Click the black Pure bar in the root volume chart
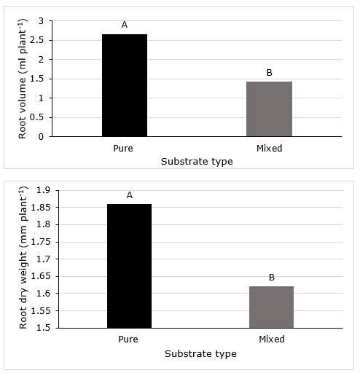(125, 85)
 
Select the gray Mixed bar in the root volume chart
(269, 109)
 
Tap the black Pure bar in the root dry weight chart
(130, 266)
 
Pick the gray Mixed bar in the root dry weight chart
(271, 307)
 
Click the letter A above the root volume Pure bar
(125, 25)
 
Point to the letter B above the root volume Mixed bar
(270, 73)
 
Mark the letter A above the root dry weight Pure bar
(130, 195)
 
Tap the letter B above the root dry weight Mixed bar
(272, 278)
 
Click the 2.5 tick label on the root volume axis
(36, 40)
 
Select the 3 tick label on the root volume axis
(41, 21)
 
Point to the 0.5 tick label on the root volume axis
(36, 117)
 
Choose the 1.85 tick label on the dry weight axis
(41, 208)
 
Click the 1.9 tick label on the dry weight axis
(43, 190)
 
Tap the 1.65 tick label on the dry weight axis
(41, 276)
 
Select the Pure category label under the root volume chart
(123, 149)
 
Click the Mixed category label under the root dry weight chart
(272, 339)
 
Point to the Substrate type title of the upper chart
(197, 162)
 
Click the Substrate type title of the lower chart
(200, 354)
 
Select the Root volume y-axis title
(23, 79)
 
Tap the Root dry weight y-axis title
(23, 258)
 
